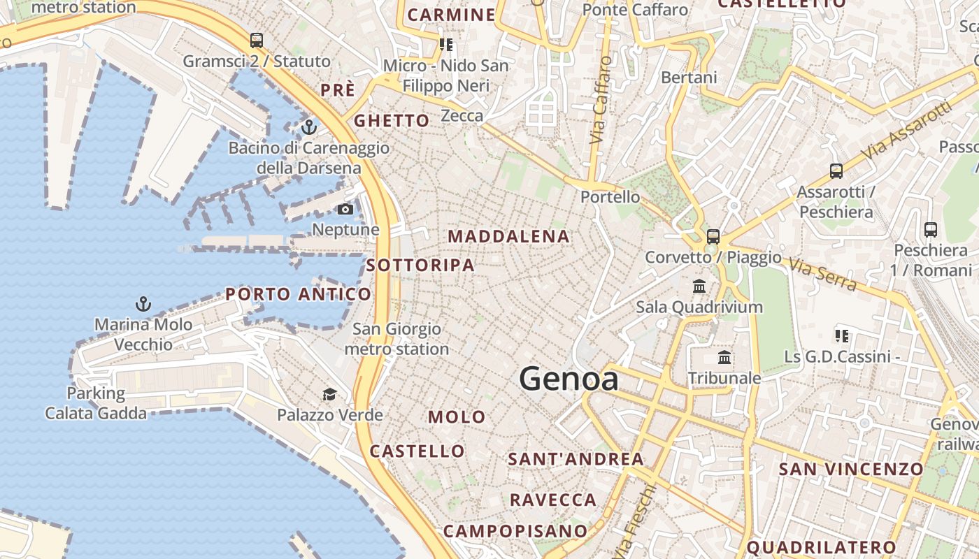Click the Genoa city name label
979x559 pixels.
click(x=569, y=379)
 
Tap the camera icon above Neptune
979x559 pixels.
click(x=345, y=209)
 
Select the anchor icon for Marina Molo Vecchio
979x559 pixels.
click(x=143, y=304)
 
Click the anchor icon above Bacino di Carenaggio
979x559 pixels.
click(x=308, y=127)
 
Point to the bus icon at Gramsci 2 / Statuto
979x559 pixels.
click(x=257, y=41)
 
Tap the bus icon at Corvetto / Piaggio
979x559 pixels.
click(x=713, y=237)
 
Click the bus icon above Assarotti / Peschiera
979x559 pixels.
click(x=836, y=171)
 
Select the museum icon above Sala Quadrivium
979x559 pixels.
click(x=699, y=286)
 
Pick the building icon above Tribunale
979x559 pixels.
click(x=724, y=358)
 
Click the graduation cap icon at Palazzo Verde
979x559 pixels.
click(x=329, y=395)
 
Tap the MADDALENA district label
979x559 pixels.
click(x=509, y=236)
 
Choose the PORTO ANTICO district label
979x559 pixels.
click(x=298, y=294)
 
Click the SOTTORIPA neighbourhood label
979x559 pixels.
click(x=420, y=266)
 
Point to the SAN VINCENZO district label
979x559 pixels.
click(x=851, y=469)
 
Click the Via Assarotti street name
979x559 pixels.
click(x=907, y=130)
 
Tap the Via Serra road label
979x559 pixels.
click(x=823, y=274)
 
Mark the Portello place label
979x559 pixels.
click(x=610, y=197)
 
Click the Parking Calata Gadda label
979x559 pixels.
click(x=96, y=403)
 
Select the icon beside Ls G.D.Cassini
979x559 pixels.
click(x=841, y=336)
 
